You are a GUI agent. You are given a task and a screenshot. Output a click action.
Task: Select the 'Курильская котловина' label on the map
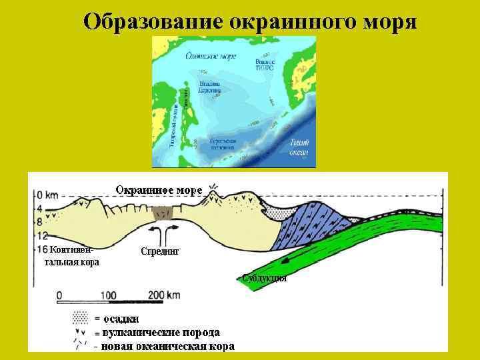pyautogui.click(x=223, y=144)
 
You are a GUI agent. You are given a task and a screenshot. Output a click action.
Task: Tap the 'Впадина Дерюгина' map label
pyautogui.click(x=210, y=87)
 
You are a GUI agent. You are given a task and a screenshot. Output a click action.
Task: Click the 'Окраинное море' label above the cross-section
pyautogui.click(x=159, y=190)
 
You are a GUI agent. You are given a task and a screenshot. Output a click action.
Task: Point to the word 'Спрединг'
pyautogui.click(x=161, y=251)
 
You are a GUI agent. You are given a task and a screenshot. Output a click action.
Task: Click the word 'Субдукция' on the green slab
pyautogui.click(x=265, y=278)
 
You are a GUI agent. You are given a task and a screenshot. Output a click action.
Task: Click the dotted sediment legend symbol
pyautogui.click(x=81, y=316)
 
